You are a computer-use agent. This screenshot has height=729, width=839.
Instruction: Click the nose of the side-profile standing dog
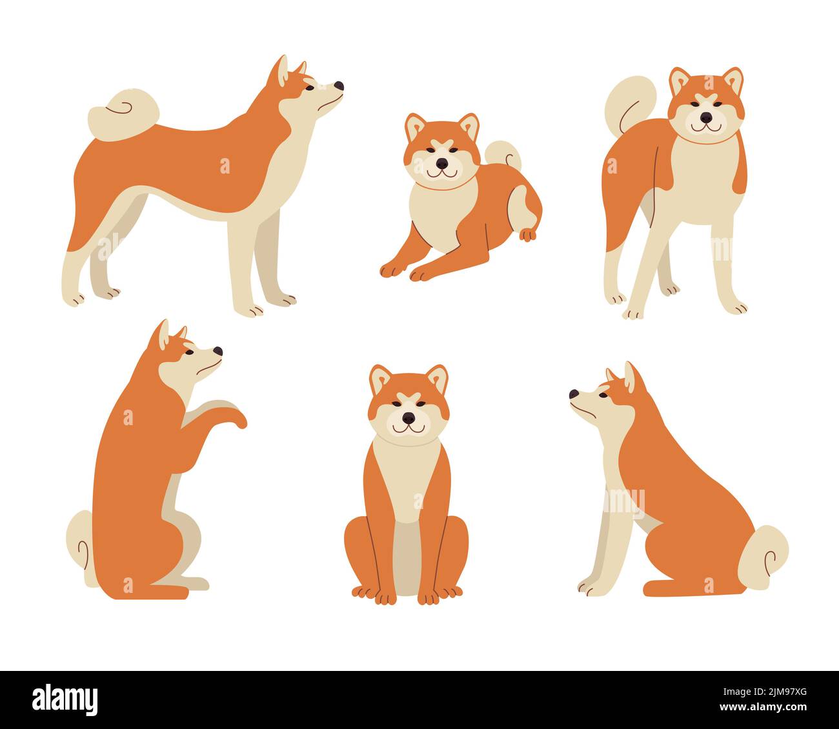click(x=339, y=86)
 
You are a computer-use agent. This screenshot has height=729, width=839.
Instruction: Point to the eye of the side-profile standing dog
click(x=310, y=87)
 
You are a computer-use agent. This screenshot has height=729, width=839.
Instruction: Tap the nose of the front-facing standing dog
click(x=707, y=117)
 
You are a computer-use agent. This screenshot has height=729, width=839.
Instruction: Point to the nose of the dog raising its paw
click(x=218, y=352)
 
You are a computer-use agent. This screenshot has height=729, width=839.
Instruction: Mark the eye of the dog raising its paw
click(x=190, y=352)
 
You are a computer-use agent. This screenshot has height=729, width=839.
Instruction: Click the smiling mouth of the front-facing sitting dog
click(x=409, y=428)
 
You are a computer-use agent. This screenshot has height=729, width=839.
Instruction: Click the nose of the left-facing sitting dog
click(x=574, y=394)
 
